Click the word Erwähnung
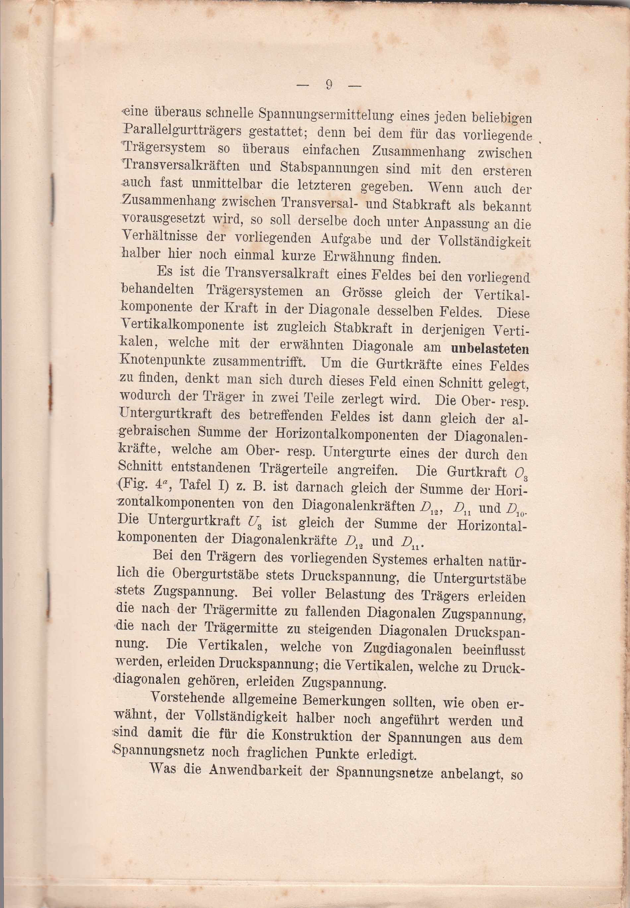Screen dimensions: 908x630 click(x=358, y=257)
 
